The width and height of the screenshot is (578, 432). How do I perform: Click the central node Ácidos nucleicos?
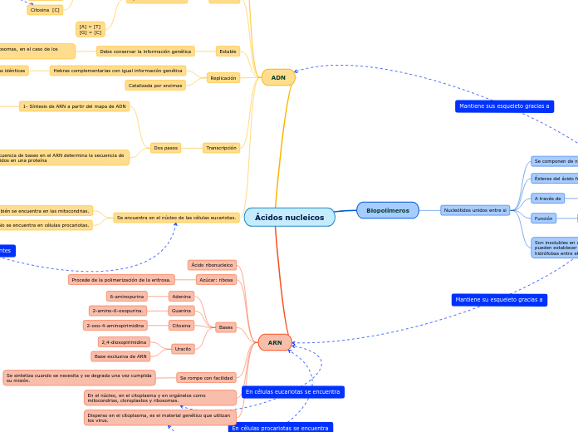pos(289,218)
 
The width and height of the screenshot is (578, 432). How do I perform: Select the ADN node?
pos(278,77)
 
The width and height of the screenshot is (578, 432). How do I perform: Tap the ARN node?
pos(275,342)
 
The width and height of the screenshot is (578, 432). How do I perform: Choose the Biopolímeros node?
pos(388,210)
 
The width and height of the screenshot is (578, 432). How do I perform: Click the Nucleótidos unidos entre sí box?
pos(475,210)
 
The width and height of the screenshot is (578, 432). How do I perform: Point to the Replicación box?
pos(223,78)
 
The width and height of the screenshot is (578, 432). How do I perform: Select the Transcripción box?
pos(222,148)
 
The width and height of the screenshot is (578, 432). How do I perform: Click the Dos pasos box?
pos(166,148)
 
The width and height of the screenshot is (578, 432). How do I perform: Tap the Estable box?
pos(228,52)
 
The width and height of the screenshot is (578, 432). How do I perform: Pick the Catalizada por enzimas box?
pos(155,86)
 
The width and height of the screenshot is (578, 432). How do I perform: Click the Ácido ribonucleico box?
pos(212,265)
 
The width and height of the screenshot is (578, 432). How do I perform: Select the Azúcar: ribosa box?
pos(216,280)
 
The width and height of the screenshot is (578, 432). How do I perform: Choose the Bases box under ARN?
pos(226,327)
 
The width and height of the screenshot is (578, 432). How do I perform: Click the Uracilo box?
pos(183,349)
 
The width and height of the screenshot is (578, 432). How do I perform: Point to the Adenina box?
pos(181,297)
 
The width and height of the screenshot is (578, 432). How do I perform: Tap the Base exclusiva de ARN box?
pos(120,356)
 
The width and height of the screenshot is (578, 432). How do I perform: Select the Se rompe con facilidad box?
pos(207,378)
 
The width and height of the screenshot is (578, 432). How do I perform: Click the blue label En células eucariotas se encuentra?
pos(293,391)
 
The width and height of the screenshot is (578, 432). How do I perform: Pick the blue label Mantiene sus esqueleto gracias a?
pos(504,106)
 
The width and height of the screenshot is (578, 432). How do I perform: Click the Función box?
pos(544,218)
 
